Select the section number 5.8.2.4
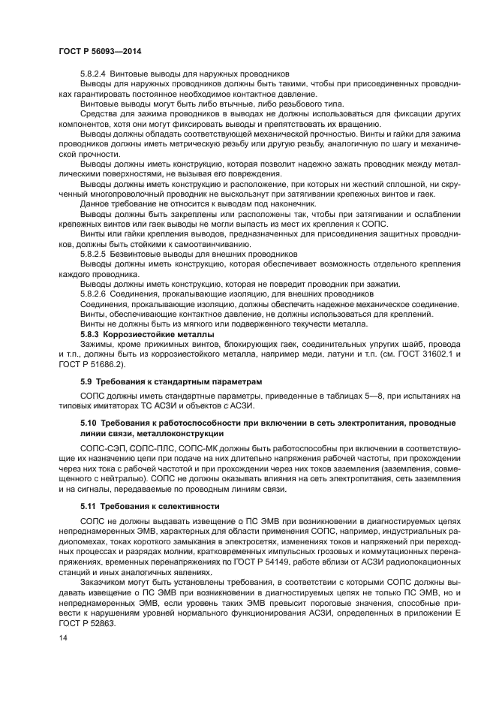click(x=93, y=74)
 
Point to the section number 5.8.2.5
click(x=93, y=255)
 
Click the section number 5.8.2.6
click(x=93, y=294)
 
